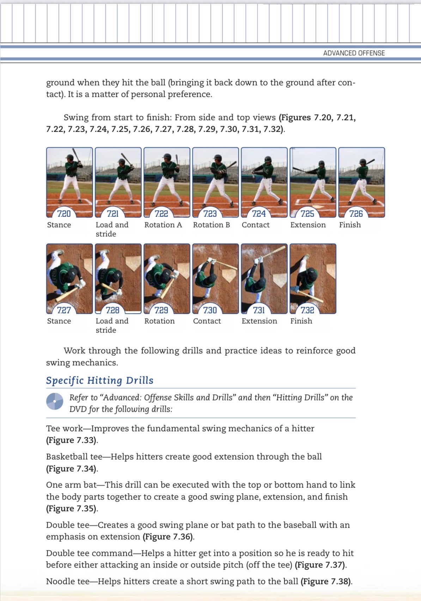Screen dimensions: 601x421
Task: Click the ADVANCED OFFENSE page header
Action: click(354, 53)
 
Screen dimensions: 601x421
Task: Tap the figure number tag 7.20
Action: click(64, 213)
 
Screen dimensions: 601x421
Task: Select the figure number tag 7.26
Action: click(356, 213)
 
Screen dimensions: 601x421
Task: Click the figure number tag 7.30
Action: click(210, 310)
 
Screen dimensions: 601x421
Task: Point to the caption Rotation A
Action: click(163, 225)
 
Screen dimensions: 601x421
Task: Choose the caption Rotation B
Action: click(211, 225)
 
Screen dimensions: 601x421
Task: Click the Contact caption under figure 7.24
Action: click(255, 225)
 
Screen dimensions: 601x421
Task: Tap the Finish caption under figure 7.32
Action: click(301, 321)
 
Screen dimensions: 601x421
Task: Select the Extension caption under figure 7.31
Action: click(259, 321)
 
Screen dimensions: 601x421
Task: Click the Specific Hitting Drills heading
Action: click(100, 380)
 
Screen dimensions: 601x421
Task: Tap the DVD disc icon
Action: click(55, 401)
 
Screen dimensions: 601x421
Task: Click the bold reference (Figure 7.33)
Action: click(72, 440)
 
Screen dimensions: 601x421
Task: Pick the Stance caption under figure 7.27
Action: click(59, 321)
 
